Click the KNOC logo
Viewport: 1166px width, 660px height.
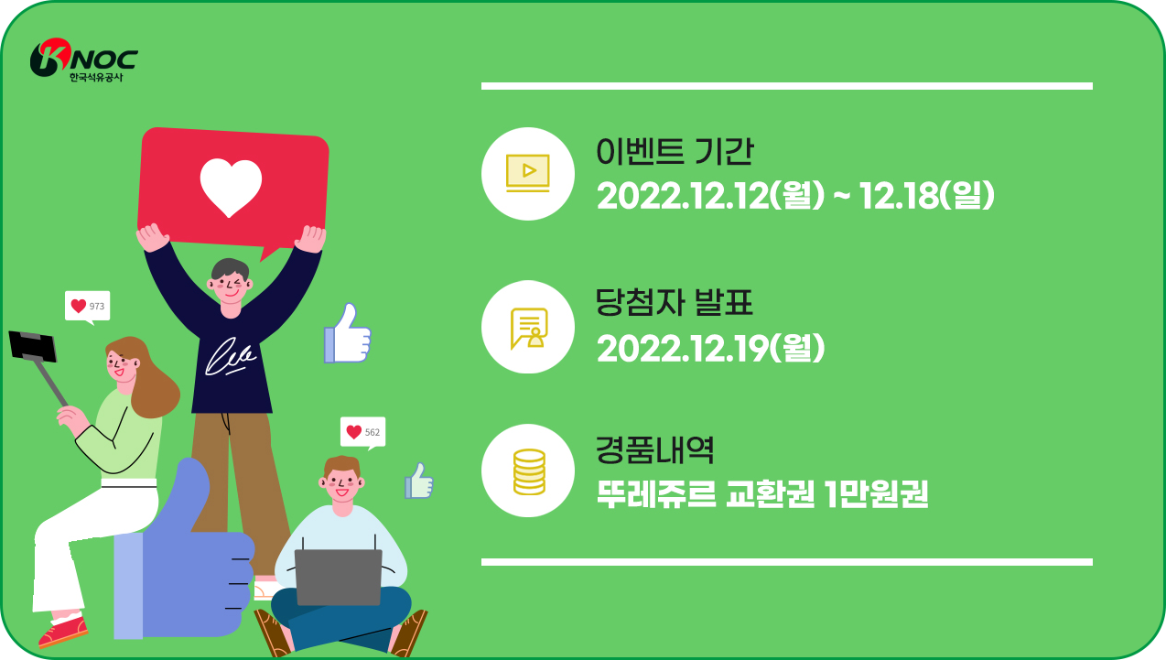click(x=84, y=60)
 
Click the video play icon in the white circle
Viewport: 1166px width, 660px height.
click(x=528, y=173)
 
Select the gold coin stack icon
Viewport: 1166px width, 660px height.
click(x=529, y=471)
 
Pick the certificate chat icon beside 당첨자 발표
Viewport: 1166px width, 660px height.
click(x=529, y=329)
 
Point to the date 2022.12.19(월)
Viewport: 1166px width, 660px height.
click(x=710, y=348)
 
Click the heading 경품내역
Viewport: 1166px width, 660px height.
click(x=654, y=450)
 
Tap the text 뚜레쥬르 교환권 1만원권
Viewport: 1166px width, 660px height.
click(x=762, y=493)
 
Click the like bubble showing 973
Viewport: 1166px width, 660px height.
click(x=88, y=307)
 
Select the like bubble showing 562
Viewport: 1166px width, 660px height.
click(x=362, y=432)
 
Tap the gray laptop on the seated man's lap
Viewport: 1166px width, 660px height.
click(x=339, y=577)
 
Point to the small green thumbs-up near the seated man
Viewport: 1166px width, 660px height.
click(x=418, y=481)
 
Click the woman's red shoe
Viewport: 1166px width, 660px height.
click(x=63, y=632)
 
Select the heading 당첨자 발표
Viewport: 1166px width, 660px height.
click(x=675, y=302)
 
